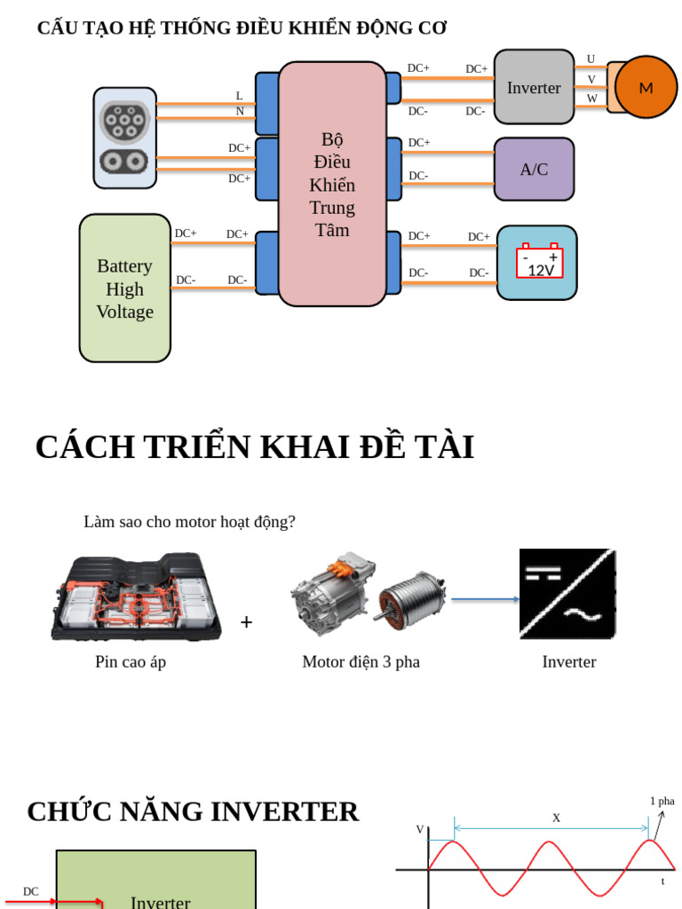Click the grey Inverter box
click(534, 87)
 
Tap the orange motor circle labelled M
click(646, 87)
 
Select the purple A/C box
click(534, 169)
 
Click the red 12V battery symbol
click(540, 263)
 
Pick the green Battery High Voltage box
click(124, 289)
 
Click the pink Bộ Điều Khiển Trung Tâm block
click(332, 185)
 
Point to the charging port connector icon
click(124, 138)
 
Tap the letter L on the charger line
click(239, 96)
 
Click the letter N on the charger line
click(240, 112)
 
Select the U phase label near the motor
click(591, 59)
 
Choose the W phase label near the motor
click(591, 99)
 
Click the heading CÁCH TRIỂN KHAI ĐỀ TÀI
click(254, 447)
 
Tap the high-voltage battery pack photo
click(136, 596)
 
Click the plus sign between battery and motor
click(246, 622)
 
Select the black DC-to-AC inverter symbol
click(567, 594)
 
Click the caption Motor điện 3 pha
click(361, 661)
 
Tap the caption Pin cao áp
click(131, 661)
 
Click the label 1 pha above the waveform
click(662, 801)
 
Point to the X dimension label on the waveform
click(556, 818)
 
